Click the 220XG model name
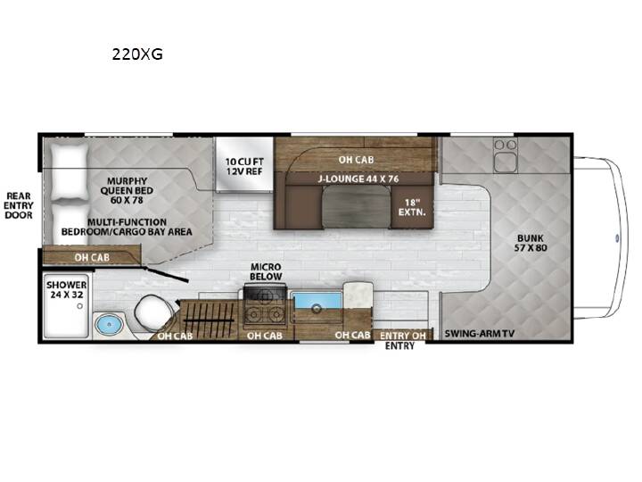point(137,54)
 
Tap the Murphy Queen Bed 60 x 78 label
point(127,191)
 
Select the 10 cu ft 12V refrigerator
point(244,164)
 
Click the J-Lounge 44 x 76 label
point(358,179)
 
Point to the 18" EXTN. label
point(412,207)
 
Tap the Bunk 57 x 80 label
point(531,243)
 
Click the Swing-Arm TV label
point(480,333)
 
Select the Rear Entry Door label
point(19,205)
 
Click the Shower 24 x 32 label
point(66,289)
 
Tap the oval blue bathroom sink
point(110,325)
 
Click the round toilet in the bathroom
point(151,313)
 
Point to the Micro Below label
point(266,271)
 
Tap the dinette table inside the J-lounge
point(356,206)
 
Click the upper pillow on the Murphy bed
point(70,173)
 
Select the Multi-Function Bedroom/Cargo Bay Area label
point(127,227)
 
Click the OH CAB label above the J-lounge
point(356,160)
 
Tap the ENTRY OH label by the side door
point(402,336)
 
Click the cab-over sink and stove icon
point(506,155)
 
